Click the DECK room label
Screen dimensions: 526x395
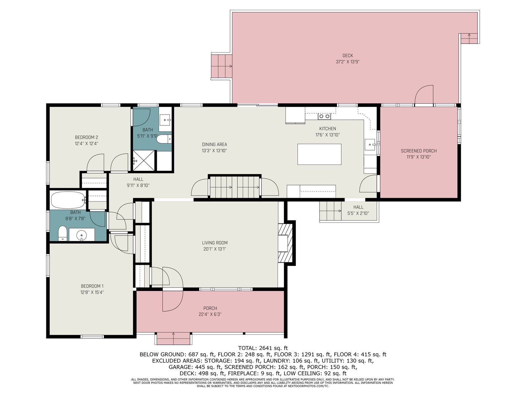(x=347, y=56)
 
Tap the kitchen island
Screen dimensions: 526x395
(x=319, y=154)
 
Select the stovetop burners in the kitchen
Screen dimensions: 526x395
(x=324, y=117)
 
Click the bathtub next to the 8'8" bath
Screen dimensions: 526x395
(x=68, y=200)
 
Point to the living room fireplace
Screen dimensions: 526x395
(x=285, y=243)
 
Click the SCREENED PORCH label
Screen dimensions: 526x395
(x=418, y=151)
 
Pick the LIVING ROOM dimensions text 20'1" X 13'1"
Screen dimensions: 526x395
(x=215, y=249)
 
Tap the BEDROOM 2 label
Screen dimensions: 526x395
(x=86, y=137)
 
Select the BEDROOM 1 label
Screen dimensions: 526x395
(x=92, y=286)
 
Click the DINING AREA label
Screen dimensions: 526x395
(x=214, y=145)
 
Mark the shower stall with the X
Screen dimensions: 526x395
(x=144, y=160)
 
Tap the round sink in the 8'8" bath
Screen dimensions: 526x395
(x=82, y=234)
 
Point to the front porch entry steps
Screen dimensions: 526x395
(x=173, y=338)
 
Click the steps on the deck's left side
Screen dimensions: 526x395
(x=222, y=66)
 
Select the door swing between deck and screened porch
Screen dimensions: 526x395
(x=424, y=94)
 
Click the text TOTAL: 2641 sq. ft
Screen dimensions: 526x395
(x=263, y=348)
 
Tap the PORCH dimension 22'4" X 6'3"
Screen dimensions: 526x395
(x=210, y=314)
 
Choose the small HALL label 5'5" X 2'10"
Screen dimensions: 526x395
(x=358, y=213)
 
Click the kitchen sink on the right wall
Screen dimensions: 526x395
(x=370, y=145)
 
